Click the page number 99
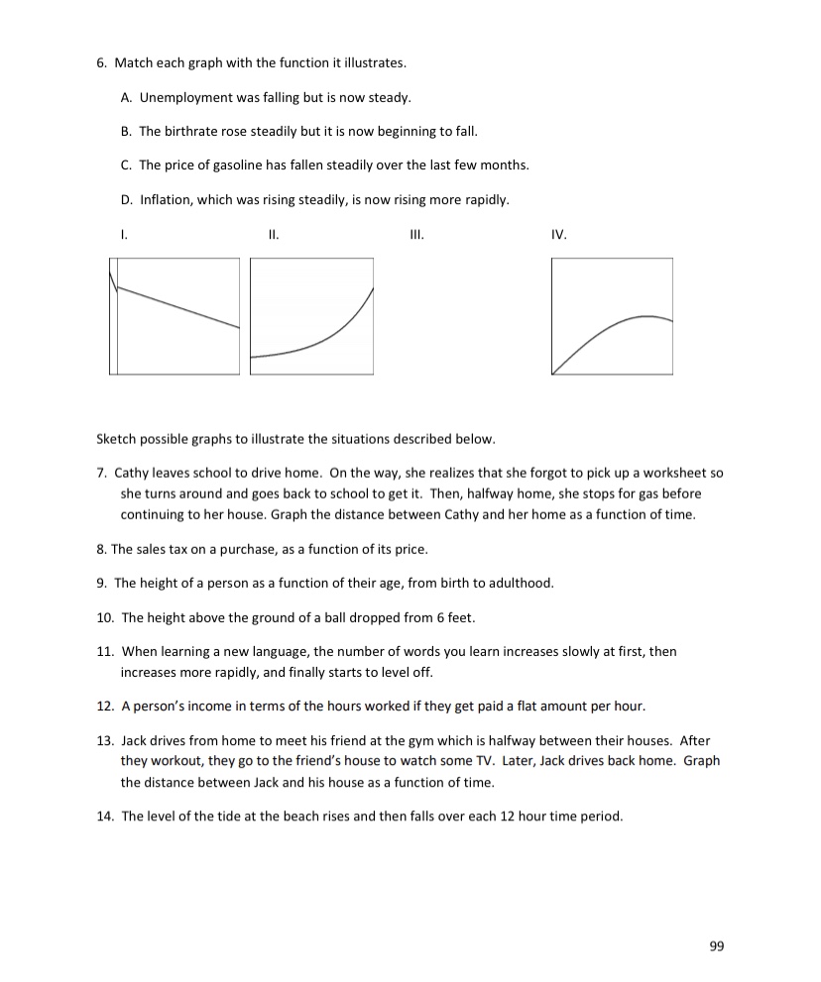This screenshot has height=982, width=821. (x=717, y=946)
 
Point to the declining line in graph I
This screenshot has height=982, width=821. (x=178, y=307)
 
